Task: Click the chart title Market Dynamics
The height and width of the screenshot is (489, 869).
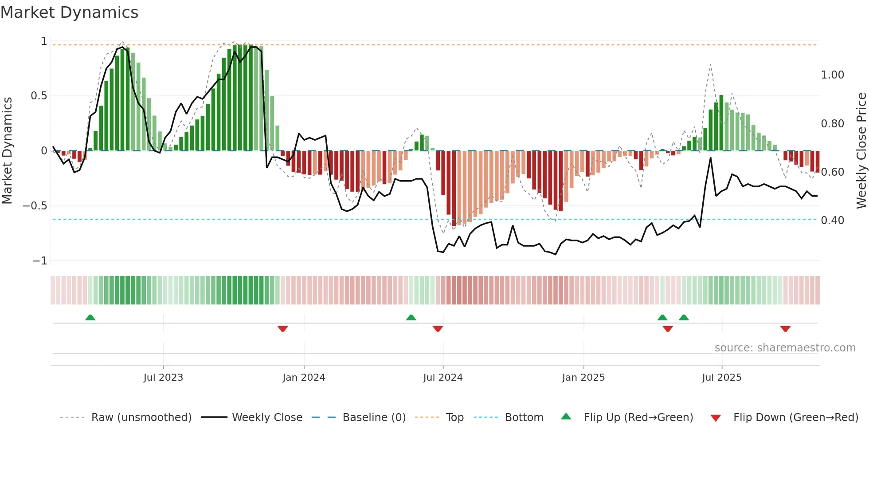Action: [70, 12]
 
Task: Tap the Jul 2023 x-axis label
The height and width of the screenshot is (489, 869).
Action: [163, 378]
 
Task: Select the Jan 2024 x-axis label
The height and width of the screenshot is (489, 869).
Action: [304, 378]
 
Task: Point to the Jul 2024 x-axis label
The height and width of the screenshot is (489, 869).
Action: [443, 378]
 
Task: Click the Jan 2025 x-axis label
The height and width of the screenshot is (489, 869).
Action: [583, 378]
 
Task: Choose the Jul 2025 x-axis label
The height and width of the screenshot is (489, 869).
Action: [721, 378]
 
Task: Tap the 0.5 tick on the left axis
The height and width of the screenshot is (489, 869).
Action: [39, 96]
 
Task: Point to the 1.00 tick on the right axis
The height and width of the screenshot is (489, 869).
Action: [832, 75]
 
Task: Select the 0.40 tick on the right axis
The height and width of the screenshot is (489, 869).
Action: [832, 221]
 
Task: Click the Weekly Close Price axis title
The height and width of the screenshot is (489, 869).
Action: [861, 150]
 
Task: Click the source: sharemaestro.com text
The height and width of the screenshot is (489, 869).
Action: [785, 348]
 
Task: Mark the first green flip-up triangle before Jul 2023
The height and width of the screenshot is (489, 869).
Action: [90, 317]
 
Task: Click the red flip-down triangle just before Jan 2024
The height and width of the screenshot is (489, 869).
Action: [283, 329]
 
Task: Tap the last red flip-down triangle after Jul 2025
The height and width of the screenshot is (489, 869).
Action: [785, 329]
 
